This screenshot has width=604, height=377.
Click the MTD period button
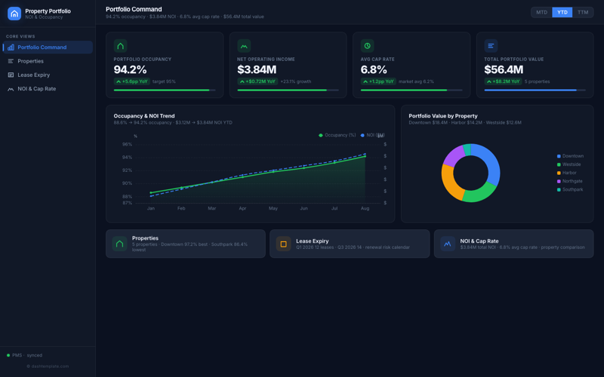pos(541,12)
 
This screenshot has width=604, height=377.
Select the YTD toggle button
pos(562,12)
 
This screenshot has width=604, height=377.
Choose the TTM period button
pos(583,12)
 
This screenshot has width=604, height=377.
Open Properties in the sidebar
pos(30,61)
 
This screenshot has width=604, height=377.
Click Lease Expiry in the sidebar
pos(34,75)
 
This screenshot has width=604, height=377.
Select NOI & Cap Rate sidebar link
pos(36,89)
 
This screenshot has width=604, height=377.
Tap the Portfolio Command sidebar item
pos(42,48)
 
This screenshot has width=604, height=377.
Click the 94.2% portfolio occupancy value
pos(130,70)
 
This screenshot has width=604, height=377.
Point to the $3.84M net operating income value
pos(257,70)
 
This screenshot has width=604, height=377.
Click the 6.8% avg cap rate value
pos(374,70)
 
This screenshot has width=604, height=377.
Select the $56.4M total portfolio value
pos(504,70)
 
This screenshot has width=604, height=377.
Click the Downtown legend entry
pos(572,156)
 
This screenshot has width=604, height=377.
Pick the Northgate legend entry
pos(572,181)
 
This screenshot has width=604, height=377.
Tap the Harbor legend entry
pos(569,173)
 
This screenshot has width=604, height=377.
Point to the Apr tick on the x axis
pos(242,208)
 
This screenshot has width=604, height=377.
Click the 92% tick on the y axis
pos(127,170)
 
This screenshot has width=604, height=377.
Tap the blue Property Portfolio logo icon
pos(14,14)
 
